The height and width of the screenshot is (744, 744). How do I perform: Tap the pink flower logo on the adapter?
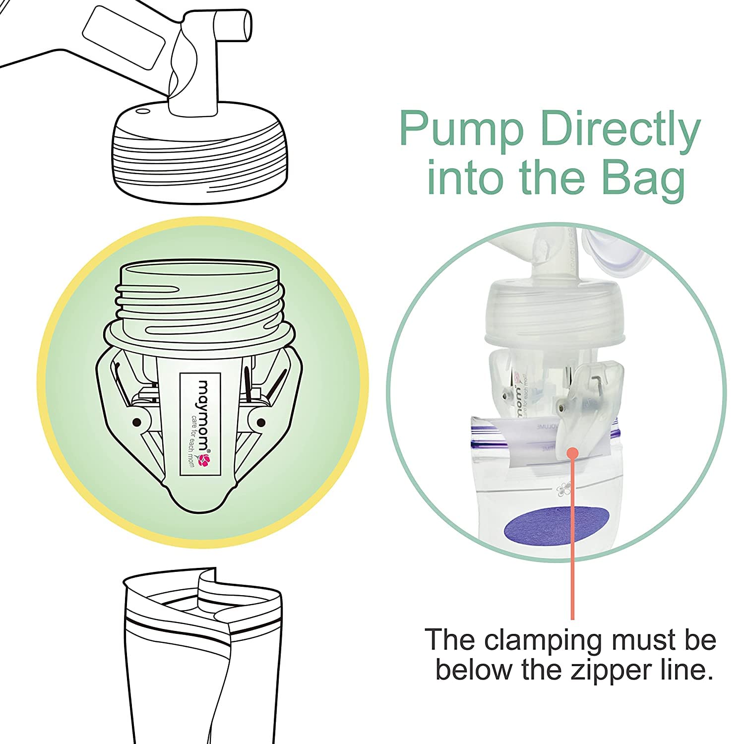click(x=204, y=461)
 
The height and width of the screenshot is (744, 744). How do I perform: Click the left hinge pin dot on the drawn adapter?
click(x=136, y=423)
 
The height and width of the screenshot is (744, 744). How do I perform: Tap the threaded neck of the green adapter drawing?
click(x=198, y=303)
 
